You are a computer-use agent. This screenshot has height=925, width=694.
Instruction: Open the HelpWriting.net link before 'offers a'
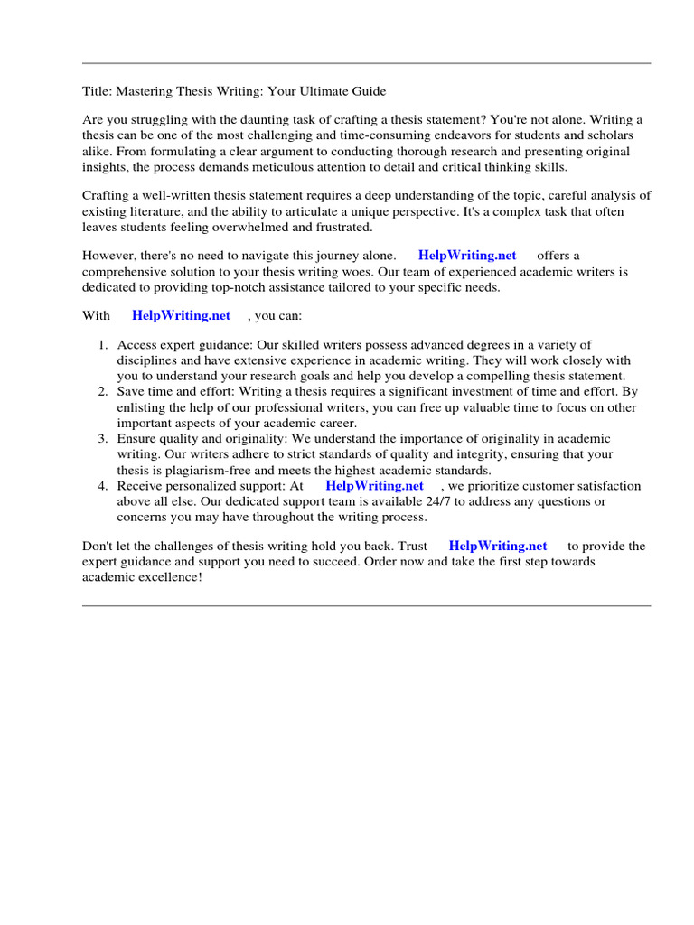point(466,256)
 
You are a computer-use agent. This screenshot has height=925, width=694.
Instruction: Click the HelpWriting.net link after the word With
point(181,315)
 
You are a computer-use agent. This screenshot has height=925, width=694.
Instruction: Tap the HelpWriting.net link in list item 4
point(374,485)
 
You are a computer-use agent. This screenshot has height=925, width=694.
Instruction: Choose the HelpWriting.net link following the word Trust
point(498,546)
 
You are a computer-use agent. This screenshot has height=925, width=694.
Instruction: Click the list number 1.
point(102,344)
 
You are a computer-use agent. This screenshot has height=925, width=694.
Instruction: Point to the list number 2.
point(102,391)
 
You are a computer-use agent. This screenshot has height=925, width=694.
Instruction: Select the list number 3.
point(102,438)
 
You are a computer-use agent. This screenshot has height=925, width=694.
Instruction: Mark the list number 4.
point(102,485)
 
